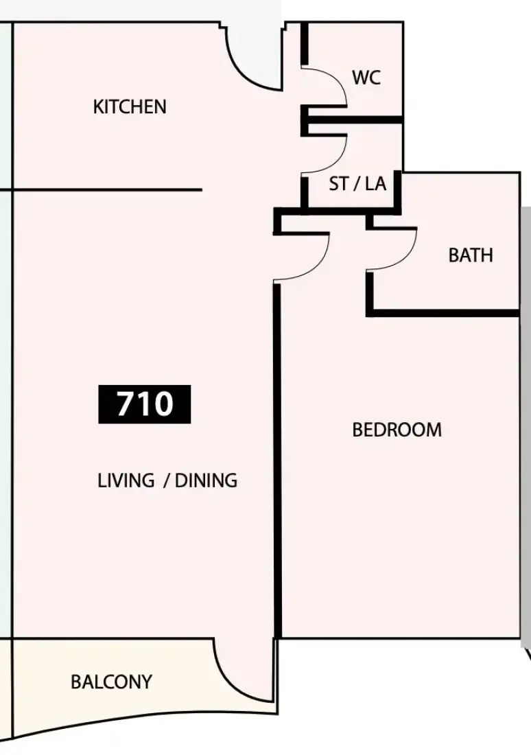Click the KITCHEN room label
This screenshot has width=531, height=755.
(x=130, y=106)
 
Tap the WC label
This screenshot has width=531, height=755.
(x=366, y=77)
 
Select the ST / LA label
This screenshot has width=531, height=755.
(x=357, y=183)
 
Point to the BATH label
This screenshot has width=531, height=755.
(x=471, y=255)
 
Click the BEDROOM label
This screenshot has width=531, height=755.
(x=397, y=430)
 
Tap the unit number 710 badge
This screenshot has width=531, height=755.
(x=145, y=404)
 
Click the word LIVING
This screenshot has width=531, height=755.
(x=126, y=480)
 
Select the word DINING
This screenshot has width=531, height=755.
(x=206, y=480)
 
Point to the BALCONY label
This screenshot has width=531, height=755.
(x=111, y=682)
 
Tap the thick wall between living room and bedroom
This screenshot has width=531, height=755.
(x=277, y=461)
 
